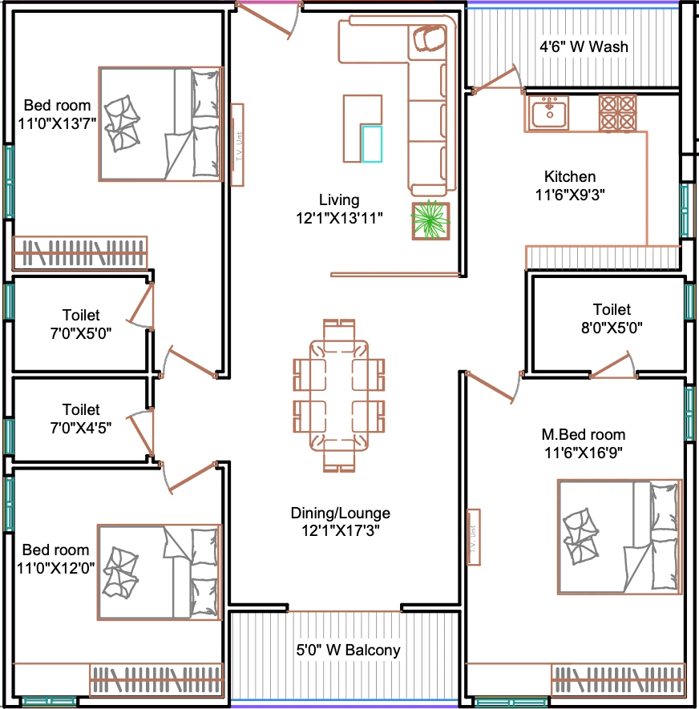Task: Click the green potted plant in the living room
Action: [430, 220]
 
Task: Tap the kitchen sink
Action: [549, 114]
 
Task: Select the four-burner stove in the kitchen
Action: [617, 113]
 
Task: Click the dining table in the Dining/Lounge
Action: [339, 396]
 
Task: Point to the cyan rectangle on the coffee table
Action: [372, 143]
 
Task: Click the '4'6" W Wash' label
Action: [584, 46]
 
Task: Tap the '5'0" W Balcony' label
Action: [348, 650]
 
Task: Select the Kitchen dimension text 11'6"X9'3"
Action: [570, 195]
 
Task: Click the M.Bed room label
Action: [584, 434]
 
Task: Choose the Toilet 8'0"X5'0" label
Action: [612, 318]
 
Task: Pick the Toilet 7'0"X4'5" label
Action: [81, 418]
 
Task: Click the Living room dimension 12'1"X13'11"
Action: [339, 218]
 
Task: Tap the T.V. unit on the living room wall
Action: [237, 145]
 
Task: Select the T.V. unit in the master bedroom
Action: [474, 538]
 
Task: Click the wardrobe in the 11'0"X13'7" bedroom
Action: [80, 253]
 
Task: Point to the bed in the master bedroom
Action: [620, 537]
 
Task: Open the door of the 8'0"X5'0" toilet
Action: [612, 365]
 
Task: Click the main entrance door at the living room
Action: [268, 19]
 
